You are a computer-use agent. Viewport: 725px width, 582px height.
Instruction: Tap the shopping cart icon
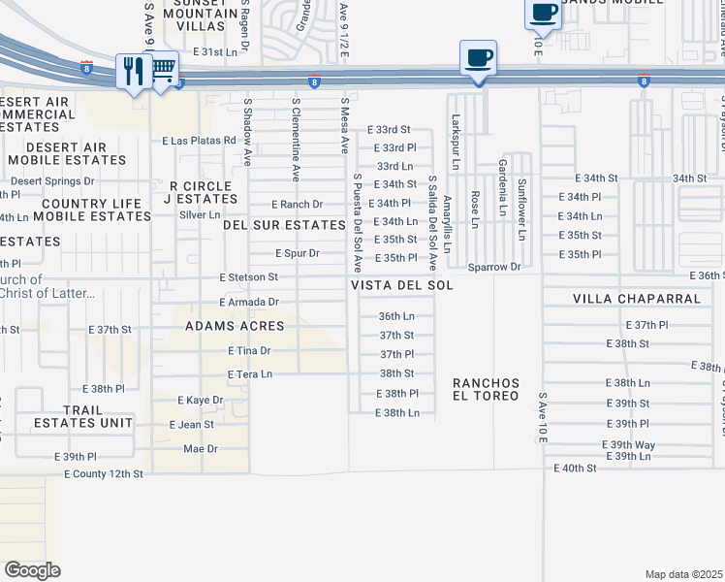[164, 69]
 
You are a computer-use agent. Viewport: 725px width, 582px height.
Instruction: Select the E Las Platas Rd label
[200, 141]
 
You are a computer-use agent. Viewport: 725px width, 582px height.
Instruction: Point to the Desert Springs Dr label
[52, 181]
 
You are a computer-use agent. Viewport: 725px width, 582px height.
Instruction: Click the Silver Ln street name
[200, 214]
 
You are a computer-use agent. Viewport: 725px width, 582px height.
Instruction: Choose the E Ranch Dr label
[297, 205]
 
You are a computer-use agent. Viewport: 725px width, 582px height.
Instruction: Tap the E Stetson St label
[249, 277]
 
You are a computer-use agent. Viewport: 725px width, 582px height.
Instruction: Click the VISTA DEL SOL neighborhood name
[402, 286]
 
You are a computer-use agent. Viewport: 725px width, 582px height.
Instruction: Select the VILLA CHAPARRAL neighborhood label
[636, 299]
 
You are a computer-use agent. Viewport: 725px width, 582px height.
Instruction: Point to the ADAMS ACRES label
[235, 327]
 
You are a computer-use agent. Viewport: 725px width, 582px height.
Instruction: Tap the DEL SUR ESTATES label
[284, 225]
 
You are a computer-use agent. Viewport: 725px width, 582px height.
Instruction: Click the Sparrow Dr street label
[494, 266]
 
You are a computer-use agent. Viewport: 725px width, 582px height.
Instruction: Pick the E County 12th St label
[104, 474]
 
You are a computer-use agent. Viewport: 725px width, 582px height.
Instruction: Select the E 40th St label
[575, 468]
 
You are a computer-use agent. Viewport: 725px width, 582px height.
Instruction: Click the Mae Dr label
[201, 449]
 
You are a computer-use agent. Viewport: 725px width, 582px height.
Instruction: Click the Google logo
[33, 570]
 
